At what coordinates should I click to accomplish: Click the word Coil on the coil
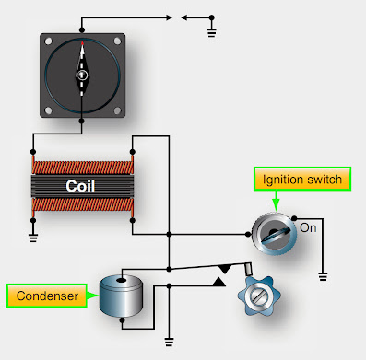(82, 185)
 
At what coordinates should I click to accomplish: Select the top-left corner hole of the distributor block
(48, 39)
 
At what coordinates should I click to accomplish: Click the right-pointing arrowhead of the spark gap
(168, 16)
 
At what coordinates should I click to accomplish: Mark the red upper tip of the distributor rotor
(83, 48)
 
